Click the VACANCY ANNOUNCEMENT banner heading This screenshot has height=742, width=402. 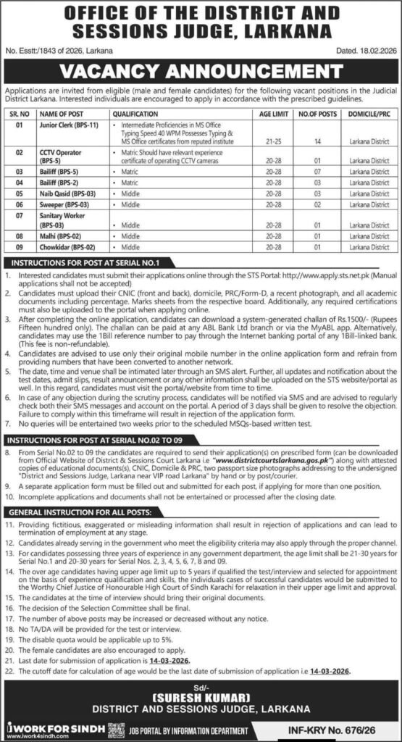[x=201, y=71]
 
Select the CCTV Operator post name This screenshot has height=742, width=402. [x=57, y=153]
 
